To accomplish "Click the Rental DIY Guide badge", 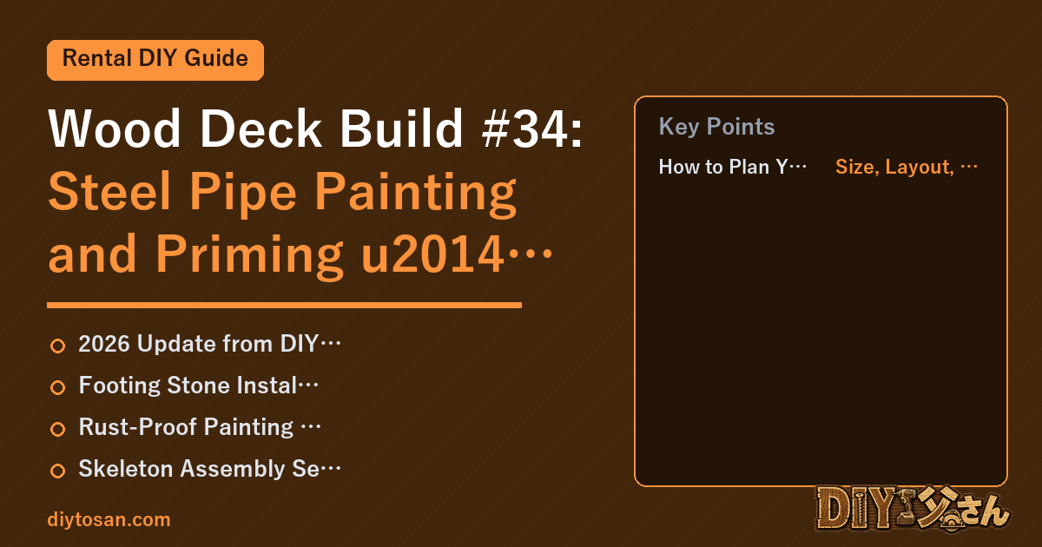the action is [x=155, y=60].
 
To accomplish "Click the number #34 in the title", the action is [x=532, y=129].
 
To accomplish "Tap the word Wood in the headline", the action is [x=115, y=129].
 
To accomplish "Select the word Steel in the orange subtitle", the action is [x=109, y=192].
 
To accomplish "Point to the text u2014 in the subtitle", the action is [x=432, y=254].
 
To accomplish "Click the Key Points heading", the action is [x=716, y=127].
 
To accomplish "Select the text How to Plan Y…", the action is [x=733, y=167].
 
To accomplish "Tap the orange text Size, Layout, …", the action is [x=907, y=167].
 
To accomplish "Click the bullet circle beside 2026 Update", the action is [x=57, y=346].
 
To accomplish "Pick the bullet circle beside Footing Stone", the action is [x=57, y=387].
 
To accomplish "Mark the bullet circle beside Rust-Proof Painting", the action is [x=57, y=429].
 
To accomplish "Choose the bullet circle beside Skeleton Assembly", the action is [x=57, y=471].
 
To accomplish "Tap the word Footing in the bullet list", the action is [x=120, y=386].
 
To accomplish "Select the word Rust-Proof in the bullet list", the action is [x=138, y=427].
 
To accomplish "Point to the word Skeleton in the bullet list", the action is [x=126, y=469].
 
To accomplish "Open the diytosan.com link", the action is [x=109, y=520].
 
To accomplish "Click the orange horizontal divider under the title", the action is [x=284, y=305].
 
